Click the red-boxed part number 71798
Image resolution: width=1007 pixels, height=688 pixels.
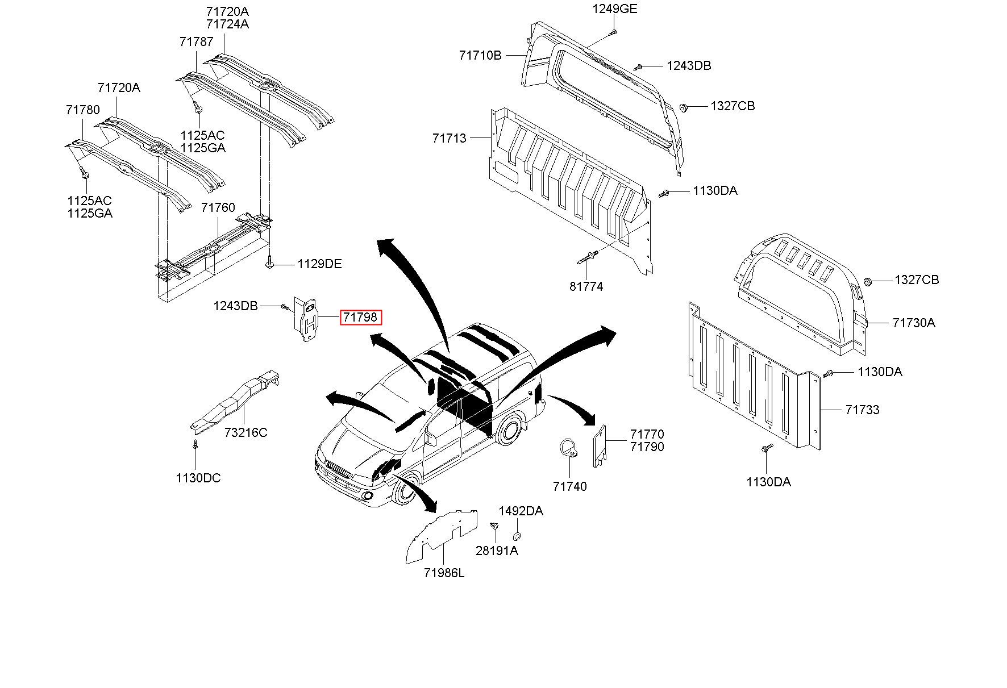tap(361, 317)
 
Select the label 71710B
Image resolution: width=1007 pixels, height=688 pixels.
tap(480, 55)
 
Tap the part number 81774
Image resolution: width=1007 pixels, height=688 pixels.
tap(586, 286)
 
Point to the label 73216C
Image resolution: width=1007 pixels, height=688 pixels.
tap(245, 432)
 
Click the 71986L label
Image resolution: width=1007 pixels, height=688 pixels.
tap(444, 573)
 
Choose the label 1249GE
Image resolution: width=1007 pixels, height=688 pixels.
tap(615, 9)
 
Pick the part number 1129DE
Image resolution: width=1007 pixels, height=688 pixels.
tap(320, 264)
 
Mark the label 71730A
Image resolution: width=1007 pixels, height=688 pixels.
tap(914, 323)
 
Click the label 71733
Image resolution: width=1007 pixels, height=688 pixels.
tap(862, 410)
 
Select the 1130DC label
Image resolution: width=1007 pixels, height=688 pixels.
tap(198, 478)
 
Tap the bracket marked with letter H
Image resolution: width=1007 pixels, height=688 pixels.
tap(307, 319)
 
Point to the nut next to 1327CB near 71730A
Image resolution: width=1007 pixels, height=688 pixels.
tap(868, 281)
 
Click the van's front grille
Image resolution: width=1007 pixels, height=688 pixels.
tap(339, 470)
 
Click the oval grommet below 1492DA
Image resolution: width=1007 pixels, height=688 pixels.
tap(517, 536)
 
